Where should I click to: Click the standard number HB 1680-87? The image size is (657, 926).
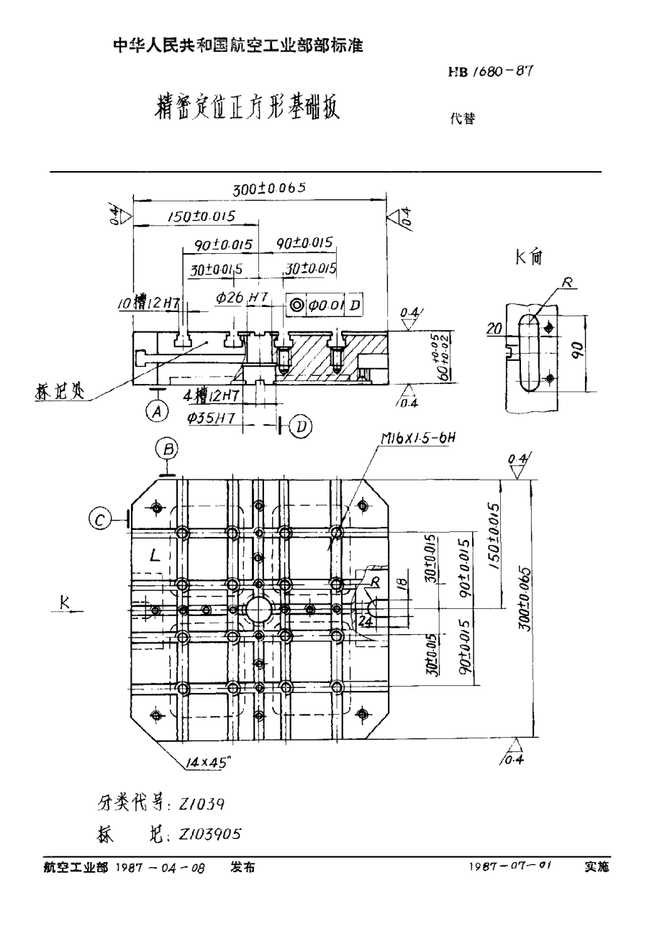pos(490,71)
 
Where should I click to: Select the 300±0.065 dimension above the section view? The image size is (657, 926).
pos(270,188)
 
